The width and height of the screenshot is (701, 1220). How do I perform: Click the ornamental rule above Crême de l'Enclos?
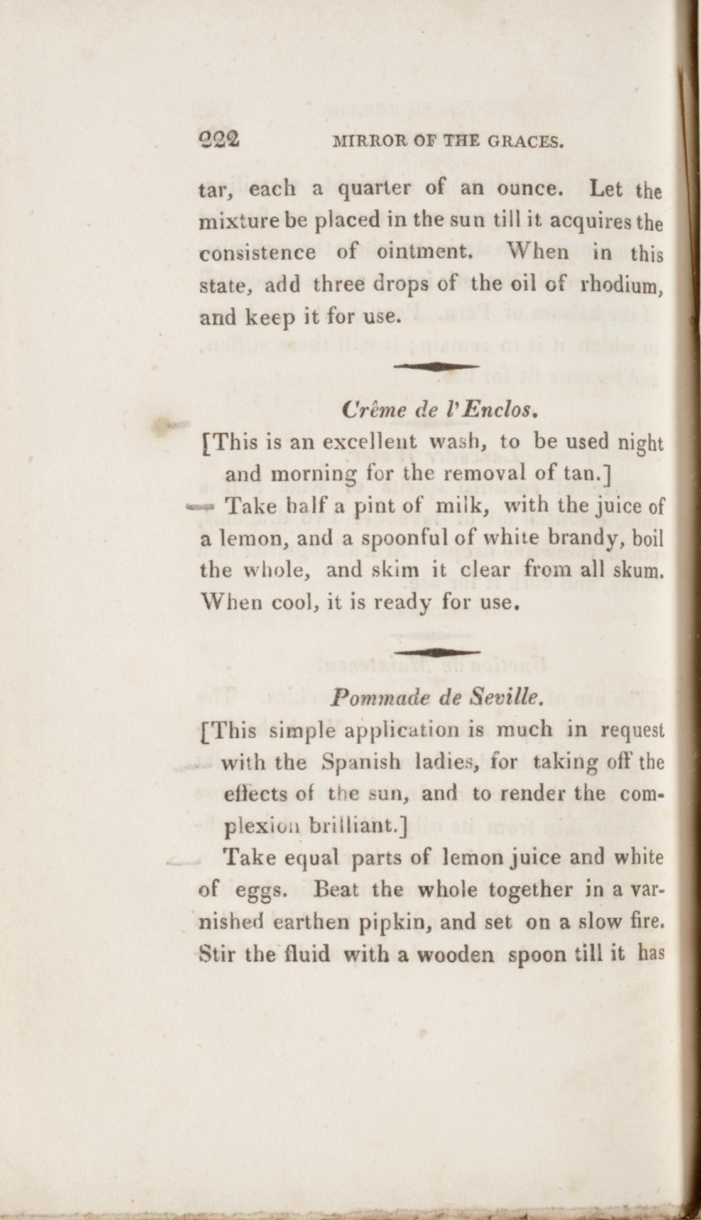point(436,365)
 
